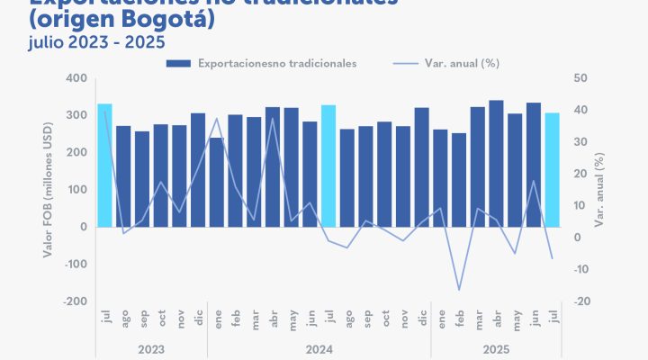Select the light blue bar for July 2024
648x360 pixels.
pyautogui.click(x=328, y=166)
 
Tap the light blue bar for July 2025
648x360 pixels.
pyautogui.click(x=553, y=170)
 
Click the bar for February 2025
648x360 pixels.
pyautogui.click(x=459, y=180)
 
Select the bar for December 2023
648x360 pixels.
pyautogui.click(x=198, y=170)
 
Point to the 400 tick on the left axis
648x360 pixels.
pyautogui.click(x=75, y=78)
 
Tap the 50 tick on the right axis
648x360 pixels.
pyautogui.click(x=580, y=78)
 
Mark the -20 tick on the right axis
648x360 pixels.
pyautogui.click(x=581, y=301)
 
